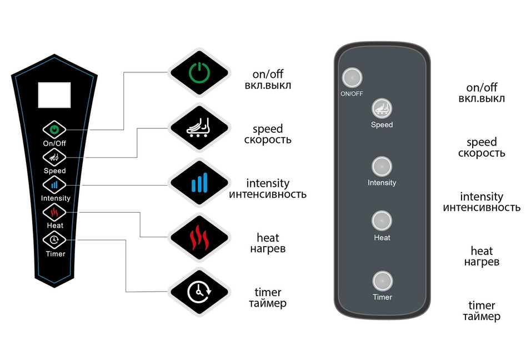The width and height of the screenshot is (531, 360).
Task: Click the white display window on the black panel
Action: click(x=54, y=94)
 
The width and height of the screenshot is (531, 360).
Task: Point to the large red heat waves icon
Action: click(x=198, y=237)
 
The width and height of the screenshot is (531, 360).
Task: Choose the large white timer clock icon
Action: click(x=198, y=292)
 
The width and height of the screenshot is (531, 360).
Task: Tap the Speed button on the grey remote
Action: click(x=382, y=108)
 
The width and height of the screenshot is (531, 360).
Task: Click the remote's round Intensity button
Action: click(x=382, y=166)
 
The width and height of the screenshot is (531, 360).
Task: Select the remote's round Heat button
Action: click(x=382, y=221)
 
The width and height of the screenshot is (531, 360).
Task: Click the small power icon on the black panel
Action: click(x=54, y=129)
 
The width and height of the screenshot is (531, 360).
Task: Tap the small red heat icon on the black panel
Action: click(x=54, y=212)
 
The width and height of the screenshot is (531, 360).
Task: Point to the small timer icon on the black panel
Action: click(x=54, y=239)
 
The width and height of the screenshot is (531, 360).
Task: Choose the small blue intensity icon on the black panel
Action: click(x=54, y=184)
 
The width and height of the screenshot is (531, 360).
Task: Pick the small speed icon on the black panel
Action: click(x=54, y=157)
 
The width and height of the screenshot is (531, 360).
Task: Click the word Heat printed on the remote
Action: click(x=382, y=238)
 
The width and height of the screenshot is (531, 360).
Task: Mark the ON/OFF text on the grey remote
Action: click(x=352, y=94)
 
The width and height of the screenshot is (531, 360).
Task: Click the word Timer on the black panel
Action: click(x=55, y=254)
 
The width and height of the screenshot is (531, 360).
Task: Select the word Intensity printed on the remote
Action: click(x=382, y=183)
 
